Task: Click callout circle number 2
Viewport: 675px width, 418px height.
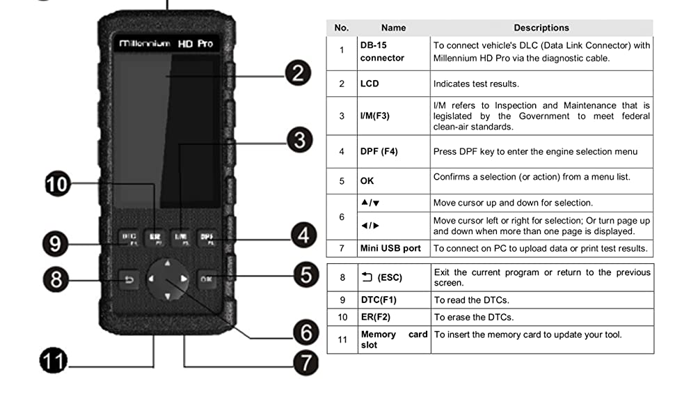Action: click(297, 73)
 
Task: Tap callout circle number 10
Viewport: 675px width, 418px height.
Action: click(58, 185)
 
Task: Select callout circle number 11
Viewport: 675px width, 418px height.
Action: click(54, 362)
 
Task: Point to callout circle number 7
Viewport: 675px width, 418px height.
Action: click(305, 363)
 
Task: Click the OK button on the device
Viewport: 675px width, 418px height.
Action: click(207, 279)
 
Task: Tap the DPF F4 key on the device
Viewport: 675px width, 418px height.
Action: click(207, 238)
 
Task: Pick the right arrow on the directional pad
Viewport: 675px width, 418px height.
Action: click(184, 279)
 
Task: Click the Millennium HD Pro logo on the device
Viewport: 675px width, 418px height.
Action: click(166, 44)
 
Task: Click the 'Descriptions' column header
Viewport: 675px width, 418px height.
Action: click(541, 28)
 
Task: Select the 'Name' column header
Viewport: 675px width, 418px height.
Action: click(393, 28)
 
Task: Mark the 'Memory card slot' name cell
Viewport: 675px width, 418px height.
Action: click(393, 339)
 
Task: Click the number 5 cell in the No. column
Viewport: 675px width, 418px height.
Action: click(342, 181)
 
